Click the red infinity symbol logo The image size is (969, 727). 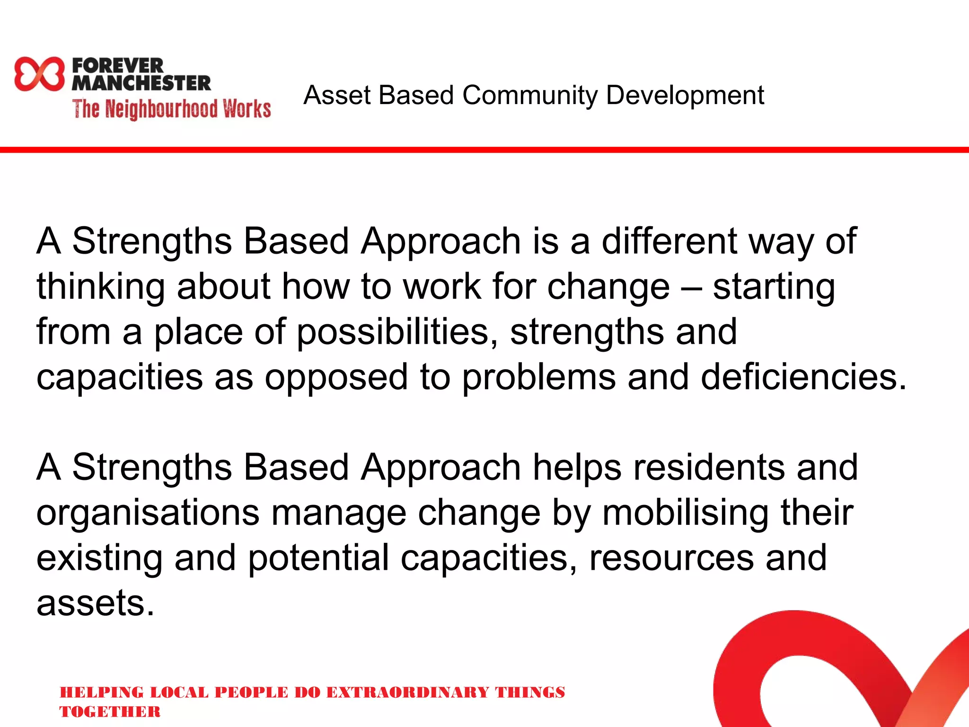[39, 74]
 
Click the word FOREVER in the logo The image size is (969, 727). [117, 65]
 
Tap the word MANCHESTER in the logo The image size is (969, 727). [141, 83]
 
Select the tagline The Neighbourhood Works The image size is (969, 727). [171, 109]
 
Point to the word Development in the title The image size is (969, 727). [685, 96]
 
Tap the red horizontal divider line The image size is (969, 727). [484, 150]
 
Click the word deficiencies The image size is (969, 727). [803, 377]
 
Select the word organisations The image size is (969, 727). [148, 513]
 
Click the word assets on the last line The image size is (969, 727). [95, 603]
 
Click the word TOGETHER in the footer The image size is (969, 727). [110, 712]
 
